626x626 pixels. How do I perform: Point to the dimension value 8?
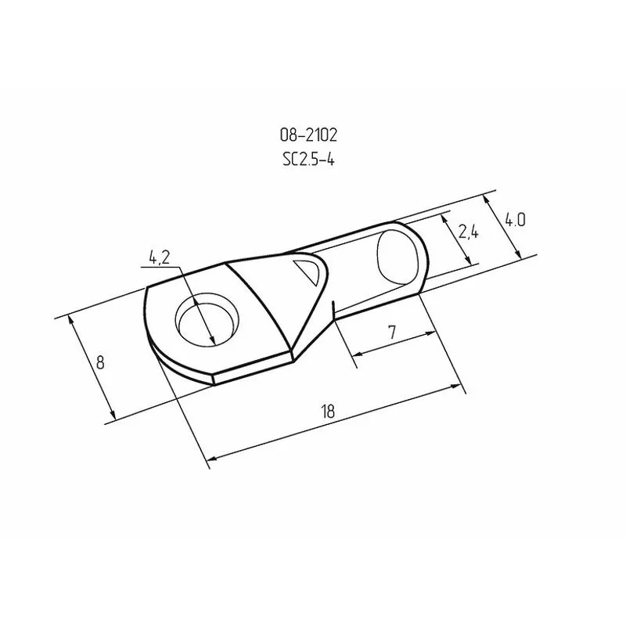pos(99,362)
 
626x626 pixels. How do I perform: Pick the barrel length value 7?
pos(392,333)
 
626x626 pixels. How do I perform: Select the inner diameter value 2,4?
pos(468,231)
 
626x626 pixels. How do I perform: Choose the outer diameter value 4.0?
pos(514,220)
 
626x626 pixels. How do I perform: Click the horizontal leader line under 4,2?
pos(160,267)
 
